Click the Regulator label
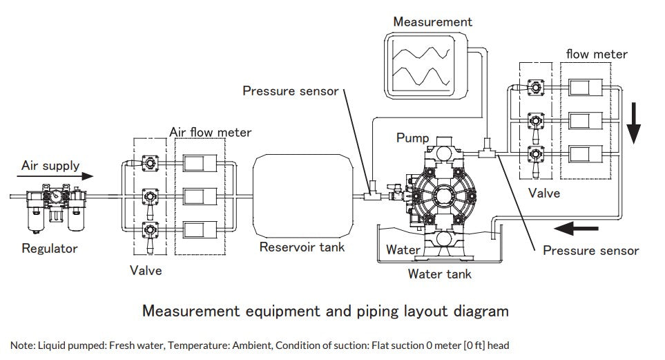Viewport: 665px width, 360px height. pyautogui.click(x=50, y=248)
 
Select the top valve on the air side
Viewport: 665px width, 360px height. pyautogui.click(x=148, y=163)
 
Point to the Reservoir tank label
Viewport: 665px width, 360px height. pyautogui.click(x=301, y=247)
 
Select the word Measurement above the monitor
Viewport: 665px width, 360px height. pyautogui.click(x=432, y=21)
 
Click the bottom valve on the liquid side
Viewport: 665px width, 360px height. pyautogui.click(x=534, y=155)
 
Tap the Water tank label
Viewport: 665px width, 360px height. pyautogui.click(x=439, y=274)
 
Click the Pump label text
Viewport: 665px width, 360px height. pyautogui.click(x=412, y=138)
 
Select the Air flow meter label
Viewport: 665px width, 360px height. pyautogui.click(x=211, y=131)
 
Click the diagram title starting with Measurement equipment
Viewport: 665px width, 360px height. pyautogui.click(x=325, y=311)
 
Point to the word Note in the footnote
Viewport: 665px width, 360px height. pyautogui.click(x=21, y=345)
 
